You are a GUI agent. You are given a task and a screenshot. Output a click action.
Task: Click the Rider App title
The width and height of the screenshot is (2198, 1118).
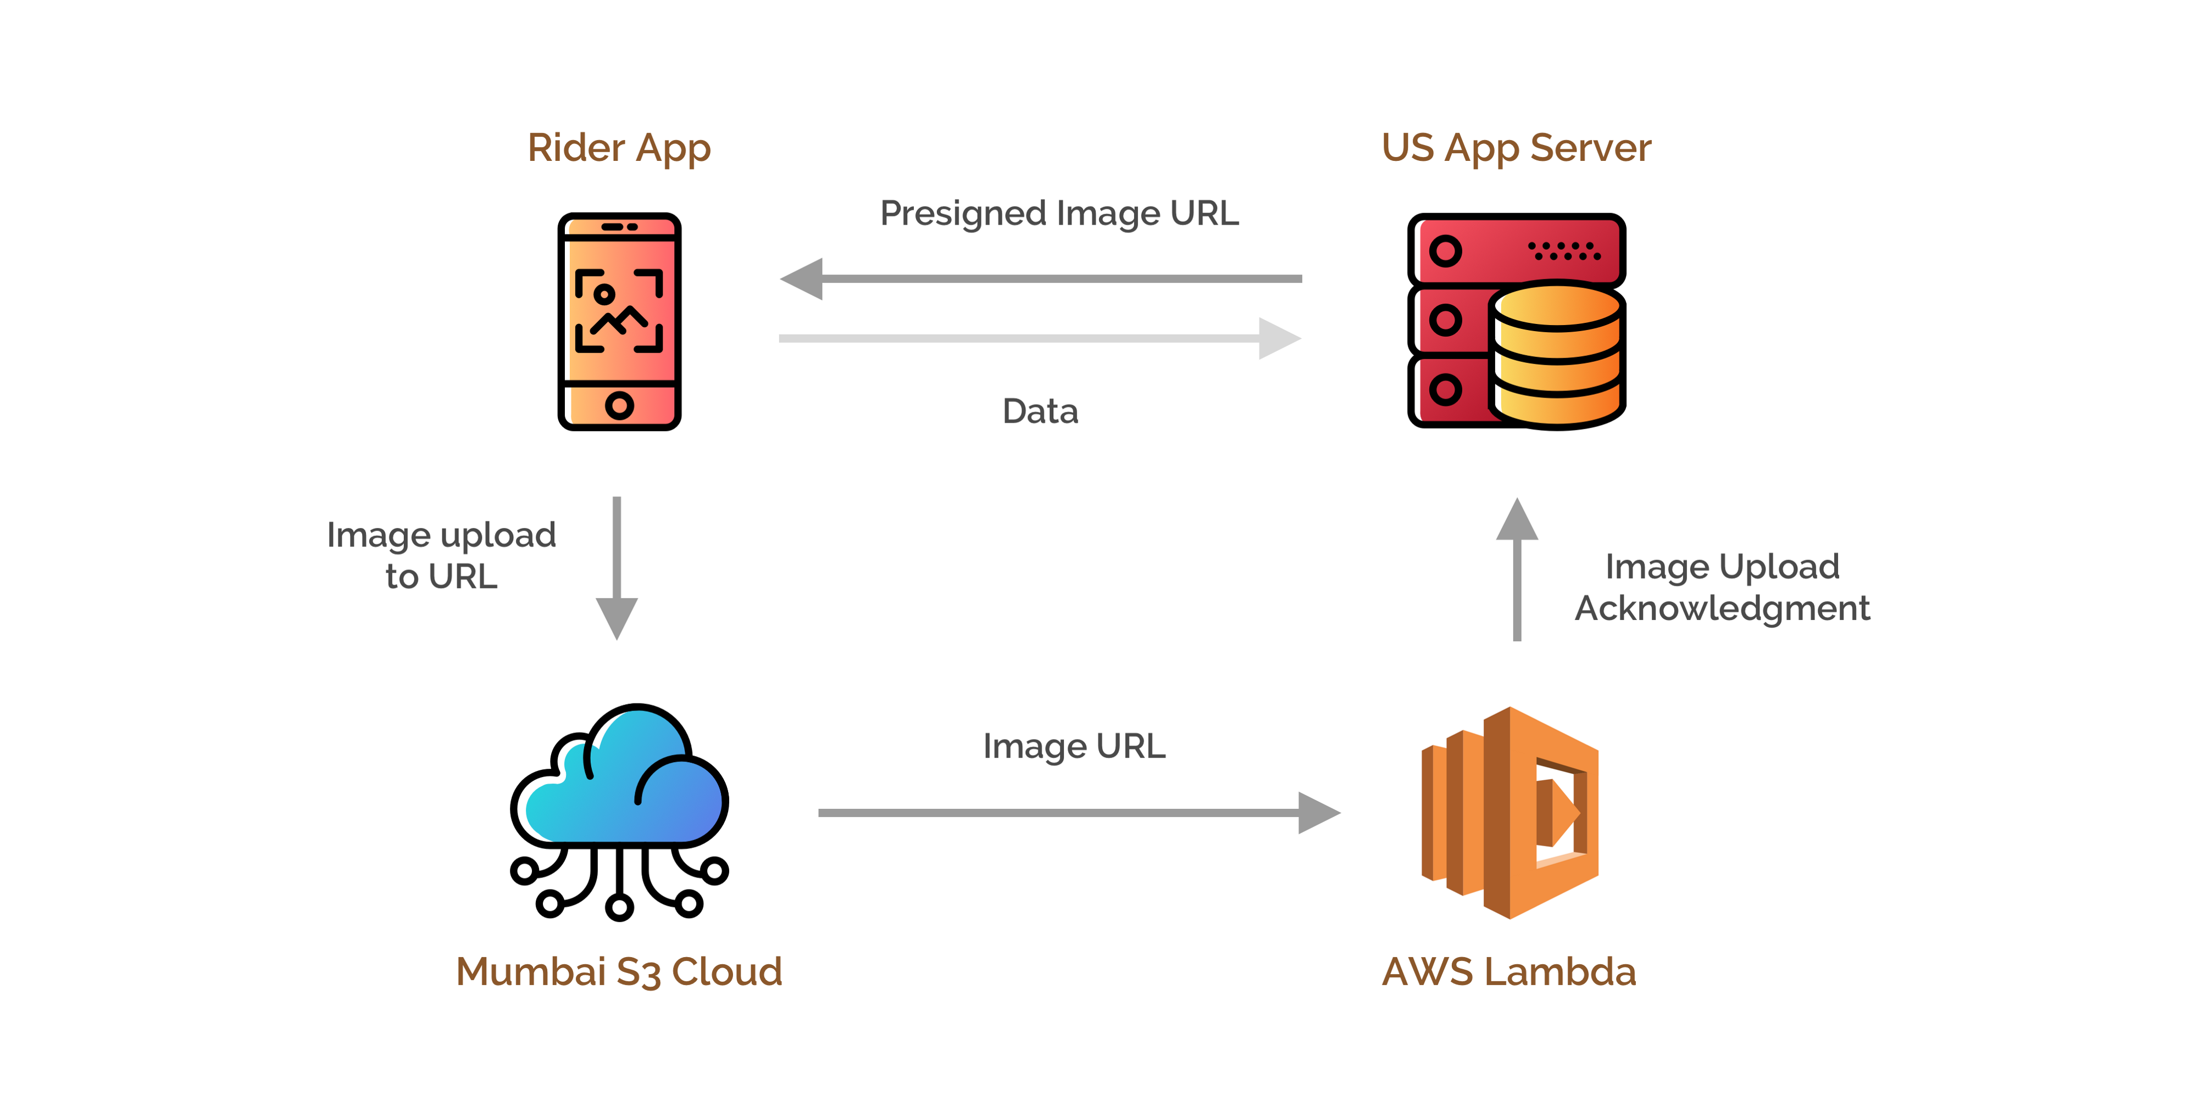(x=619, y=148)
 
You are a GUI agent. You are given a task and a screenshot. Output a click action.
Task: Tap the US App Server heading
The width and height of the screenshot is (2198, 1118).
(x=1516, y=148)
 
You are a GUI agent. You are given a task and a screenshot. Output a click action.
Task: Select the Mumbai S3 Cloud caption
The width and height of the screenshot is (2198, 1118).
(x=619, y=971)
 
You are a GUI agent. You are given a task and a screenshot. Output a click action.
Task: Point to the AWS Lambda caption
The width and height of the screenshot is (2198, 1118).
(x=1508, y=971)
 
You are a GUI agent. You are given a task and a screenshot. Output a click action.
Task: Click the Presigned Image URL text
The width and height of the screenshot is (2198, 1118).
(x=1059, y=213)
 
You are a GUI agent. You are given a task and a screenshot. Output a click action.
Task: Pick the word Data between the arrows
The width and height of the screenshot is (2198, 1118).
(x=1040, y=411)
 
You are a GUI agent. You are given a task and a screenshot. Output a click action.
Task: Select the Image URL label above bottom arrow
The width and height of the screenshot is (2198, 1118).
(x=1073, y=746)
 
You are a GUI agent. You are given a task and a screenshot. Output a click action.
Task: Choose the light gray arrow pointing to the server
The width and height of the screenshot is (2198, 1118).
(x=1040, y=339)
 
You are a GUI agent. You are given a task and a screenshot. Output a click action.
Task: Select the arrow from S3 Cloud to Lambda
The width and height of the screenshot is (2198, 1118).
(x=1079, y=813)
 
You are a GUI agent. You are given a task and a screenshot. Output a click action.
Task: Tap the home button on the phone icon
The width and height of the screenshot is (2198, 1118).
(x=619, y=405)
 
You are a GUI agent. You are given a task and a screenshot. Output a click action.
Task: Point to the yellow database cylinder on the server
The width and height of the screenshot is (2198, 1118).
(x=1558, y=355)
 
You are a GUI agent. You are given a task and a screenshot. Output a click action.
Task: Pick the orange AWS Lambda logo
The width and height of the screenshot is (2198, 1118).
(x=1509, y=813)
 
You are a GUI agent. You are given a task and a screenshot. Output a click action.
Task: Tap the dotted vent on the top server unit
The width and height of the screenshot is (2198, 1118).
(x=1564, y=251)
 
